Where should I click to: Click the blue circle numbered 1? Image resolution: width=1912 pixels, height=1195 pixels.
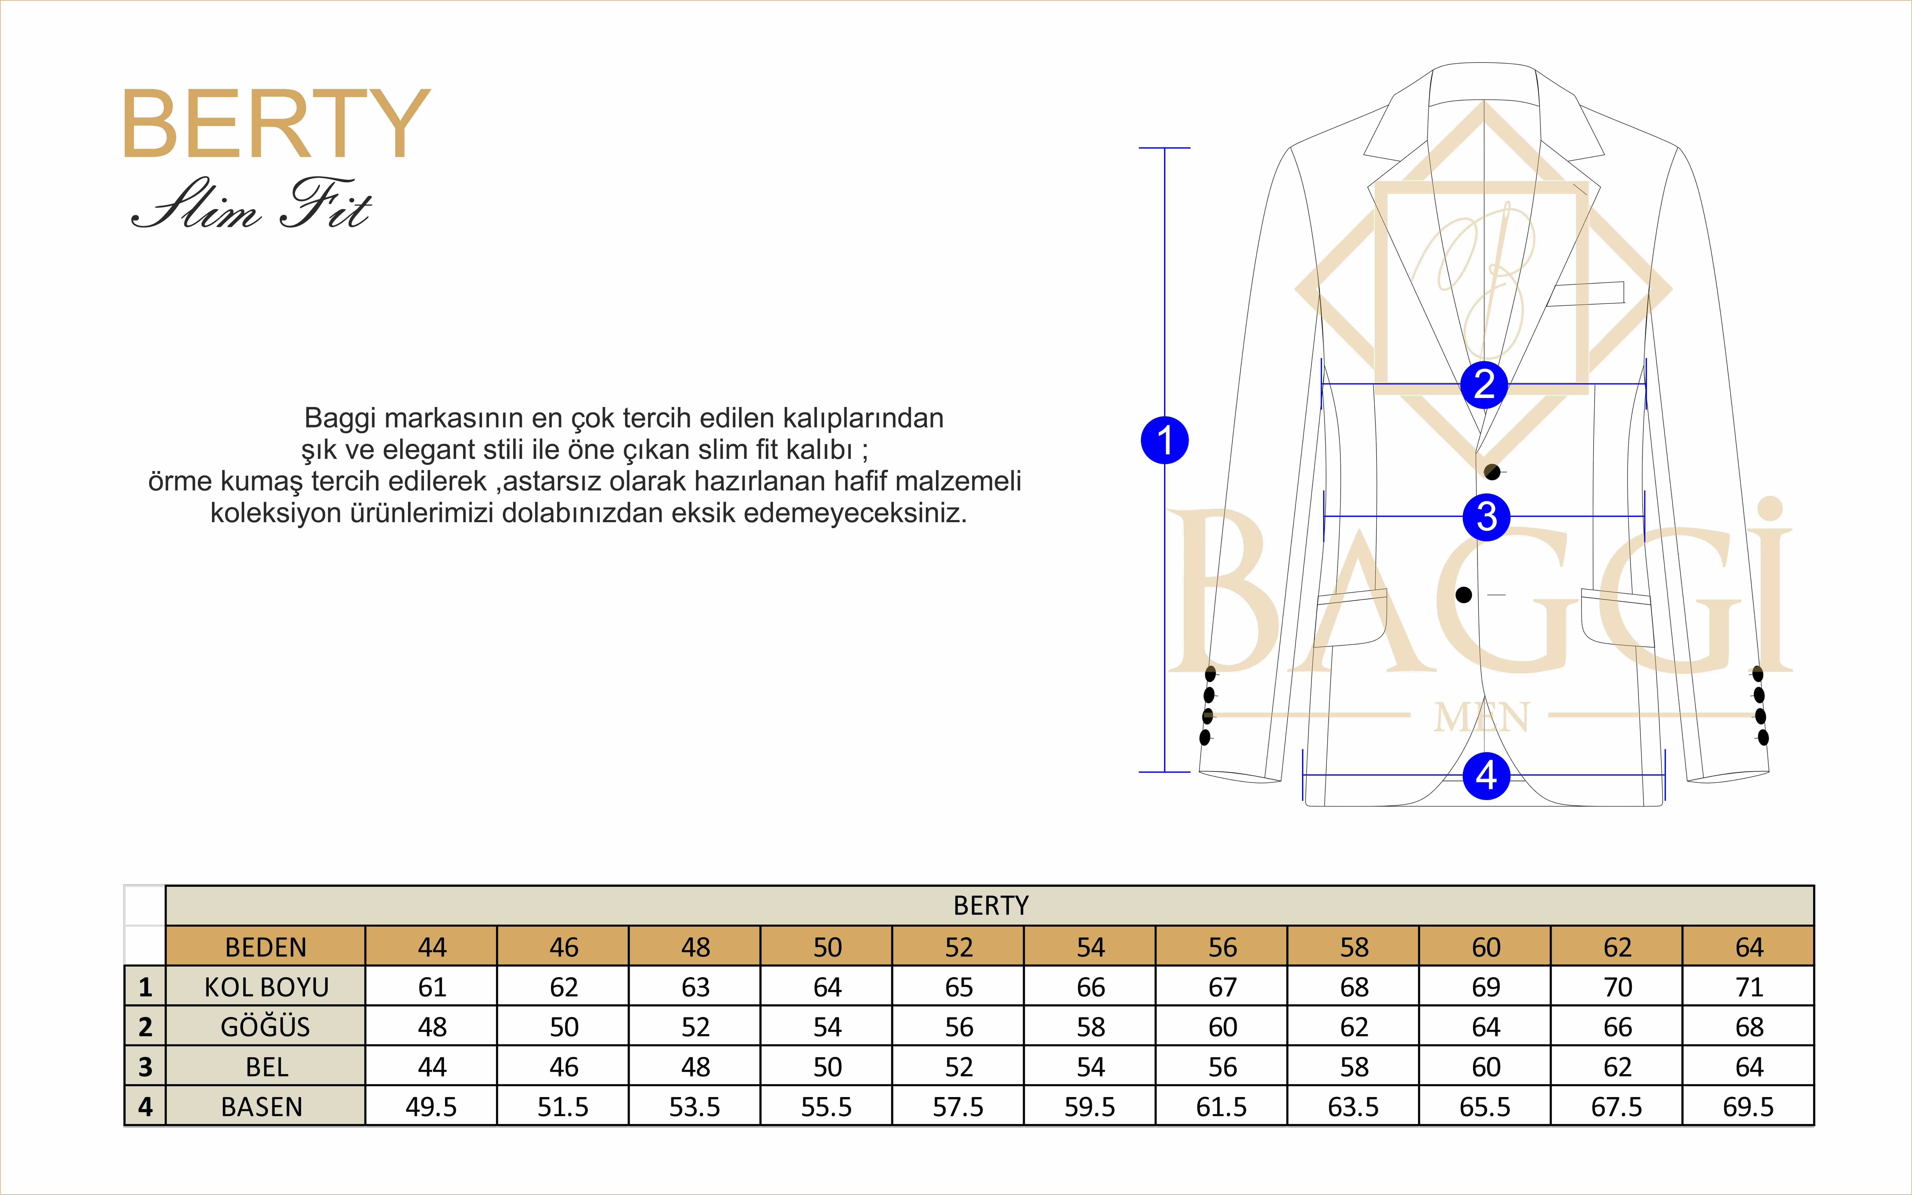tap(1164, 440)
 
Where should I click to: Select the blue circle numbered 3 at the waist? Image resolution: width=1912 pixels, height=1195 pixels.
tap(1486, 517)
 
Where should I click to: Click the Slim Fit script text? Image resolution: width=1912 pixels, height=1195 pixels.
tap(251, 205)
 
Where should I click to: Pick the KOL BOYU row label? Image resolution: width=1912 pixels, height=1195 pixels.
tap(266, 987)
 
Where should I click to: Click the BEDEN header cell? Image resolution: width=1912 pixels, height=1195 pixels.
tap(266, 947)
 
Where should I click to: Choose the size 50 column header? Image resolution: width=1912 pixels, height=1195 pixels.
tap(827, 947)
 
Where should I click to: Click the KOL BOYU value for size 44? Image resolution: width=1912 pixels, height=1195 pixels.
tap(431, 987)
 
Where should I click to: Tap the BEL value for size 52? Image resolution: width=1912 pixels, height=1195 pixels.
tap(959, 1067)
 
